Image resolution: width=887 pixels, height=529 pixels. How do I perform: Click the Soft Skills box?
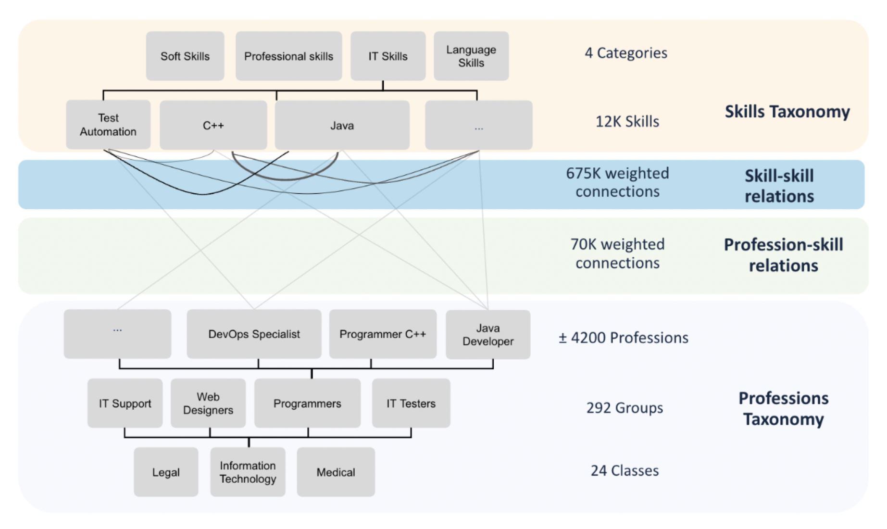click(x=185, y=56)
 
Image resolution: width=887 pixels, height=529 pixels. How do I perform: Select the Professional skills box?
click(x=288, y=56)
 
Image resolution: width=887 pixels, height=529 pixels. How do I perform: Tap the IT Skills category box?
click(x=387, y=56)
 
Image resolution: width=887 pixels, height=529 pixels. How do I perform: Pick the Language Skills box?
click(x=471, y=56)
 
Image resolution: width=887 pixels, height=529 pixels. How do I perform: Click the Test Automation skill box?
click(x=108, y=125)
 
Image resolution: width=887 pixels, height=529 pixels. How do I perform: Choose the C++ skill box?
click(x=213, y=126)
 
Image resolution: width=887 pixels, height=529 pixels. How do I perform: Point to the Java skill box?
click(x=342, y=126)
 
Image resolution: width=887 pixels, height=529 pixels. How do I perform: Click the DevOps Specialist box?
click(x=254, y=334)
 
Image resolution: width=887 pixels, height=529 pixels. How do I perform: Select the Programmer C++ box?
click(x=383, y=334)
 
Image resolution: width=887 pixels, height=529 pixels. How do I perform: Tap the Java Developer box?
click(x=487, y=335)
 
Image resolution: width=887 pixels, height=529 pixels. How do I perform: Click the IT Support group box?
click(x=125, y=403)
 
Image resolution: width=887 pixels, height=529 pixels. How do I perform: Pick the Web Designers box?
click(x=208, y=403)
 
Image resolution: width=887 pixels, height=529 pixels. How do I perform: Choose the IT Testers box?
click(x=411, y=403)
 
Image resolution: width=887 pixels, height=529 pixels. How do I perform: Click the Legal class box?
click(x=166, y=472)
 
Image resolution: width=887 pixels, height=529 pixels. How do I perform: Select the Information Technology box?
click(x=248, y=472)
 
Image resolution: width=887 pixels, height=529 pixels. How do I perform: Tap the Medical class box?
click(x=336, y=472)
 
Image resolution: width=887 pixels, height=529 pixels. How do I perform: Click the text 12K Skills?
click(x=627, y=122)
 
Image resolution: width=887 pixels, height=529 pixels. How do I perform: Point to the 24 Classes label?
click(x=625, y=470)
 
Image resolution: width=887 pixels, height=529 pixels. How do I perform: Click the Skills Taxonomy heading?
click(x=787, y=112)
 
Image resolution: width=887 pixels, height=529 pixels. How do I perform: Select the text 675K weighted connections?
click(x=617, y=182)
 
